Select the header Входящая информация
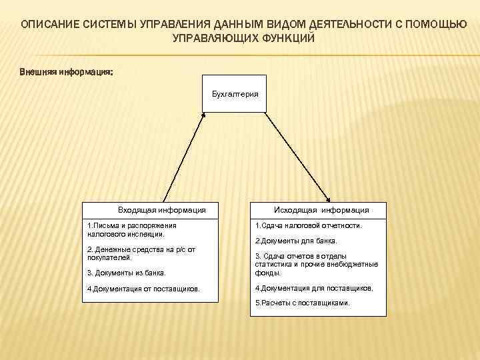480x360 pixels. (x=161, y=210)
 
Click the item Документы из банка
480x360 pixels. (x=126, y=273)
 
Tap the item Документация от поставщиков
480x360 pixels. (x=143, y=289)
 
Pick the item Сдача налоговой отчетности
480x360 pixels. (x=309, y=226)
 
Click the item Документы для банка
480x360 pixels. (x=297, y=241)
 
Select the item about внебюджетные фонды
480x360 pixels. (x=316, y=265)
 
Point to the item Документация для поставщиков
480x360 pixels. (x=314, y=289)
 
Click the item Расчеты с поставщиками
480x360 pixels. (x=302, y=303)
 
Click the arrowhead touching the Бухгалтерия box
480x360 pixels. (x=204, y=115)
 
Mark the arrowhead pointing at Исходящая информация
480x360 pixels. (x=329, y=199)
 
